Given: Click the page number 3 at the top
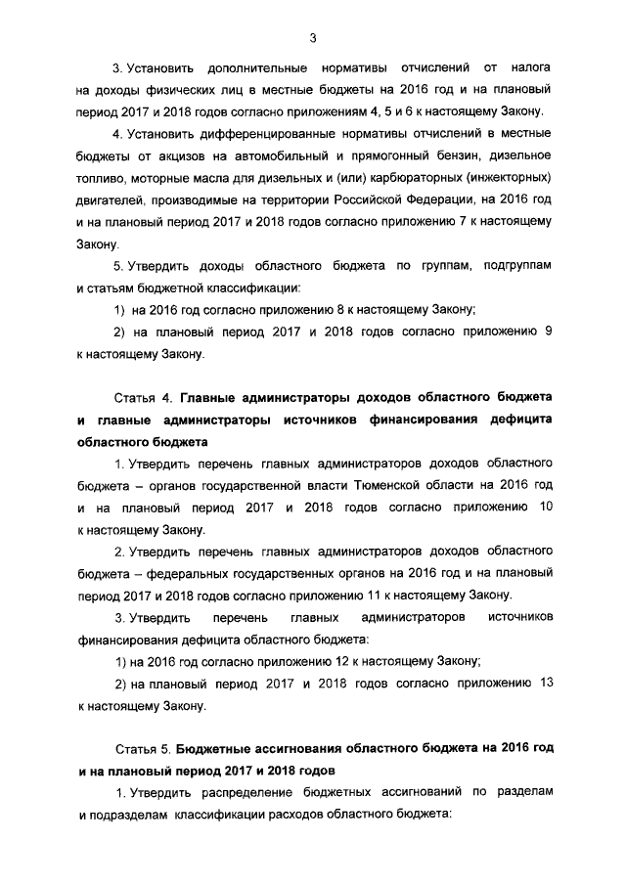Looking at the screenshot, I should [x=312, y=38].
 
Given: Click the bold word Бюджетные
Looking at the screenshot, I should [x=219, y=748].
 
